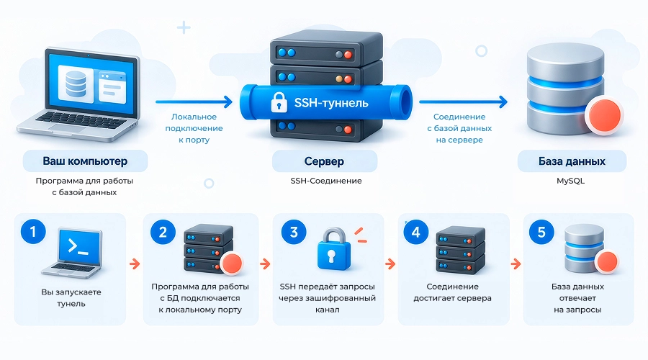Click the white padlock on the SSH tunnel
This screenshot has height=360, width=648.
[x=279, y=102]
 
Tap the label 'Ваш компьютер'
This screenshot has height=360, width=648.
[x=85, y=161]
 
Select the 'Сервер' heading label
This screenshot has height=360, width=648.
[x=324, y=161]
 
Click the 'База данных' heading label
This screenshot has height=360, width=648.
[x=572, y=161]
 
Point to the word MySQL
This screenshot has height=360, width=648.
[x=570, y=181]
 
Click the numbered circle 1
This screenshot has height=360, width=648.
[x=33, y=231]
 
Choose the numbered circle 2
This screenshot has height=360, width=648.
[x=163, y=231]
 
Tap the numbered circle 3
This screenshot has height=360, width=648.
[x=294, y=231]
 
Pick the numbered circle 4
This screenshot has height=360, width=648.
[x=415, y=231]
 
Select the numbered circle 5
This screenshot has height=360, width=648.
[x=541, y=231]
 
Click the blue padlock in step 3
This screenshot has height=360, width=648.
[x=333, y=249]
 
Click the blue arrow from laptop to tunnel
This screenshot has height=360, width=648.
[x=194, y=102]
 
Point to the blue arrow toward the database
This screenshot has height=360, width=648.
[x=463, y=102]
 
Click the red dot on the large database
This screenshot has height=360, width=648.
[x=605, y=114]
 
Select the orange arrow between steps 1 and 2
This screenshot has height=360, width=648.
[x=135, y=264]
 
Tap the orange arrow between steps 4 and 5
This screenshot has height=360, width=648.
[x=516, y=264]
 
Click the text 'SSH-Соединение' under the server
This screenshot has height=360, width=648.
[x=326, y=181]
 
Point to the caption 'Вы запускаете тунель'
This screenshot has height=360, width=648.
[x=71, y=297]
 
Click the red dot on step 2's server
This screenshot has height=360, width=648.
[x=232, y=264]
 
